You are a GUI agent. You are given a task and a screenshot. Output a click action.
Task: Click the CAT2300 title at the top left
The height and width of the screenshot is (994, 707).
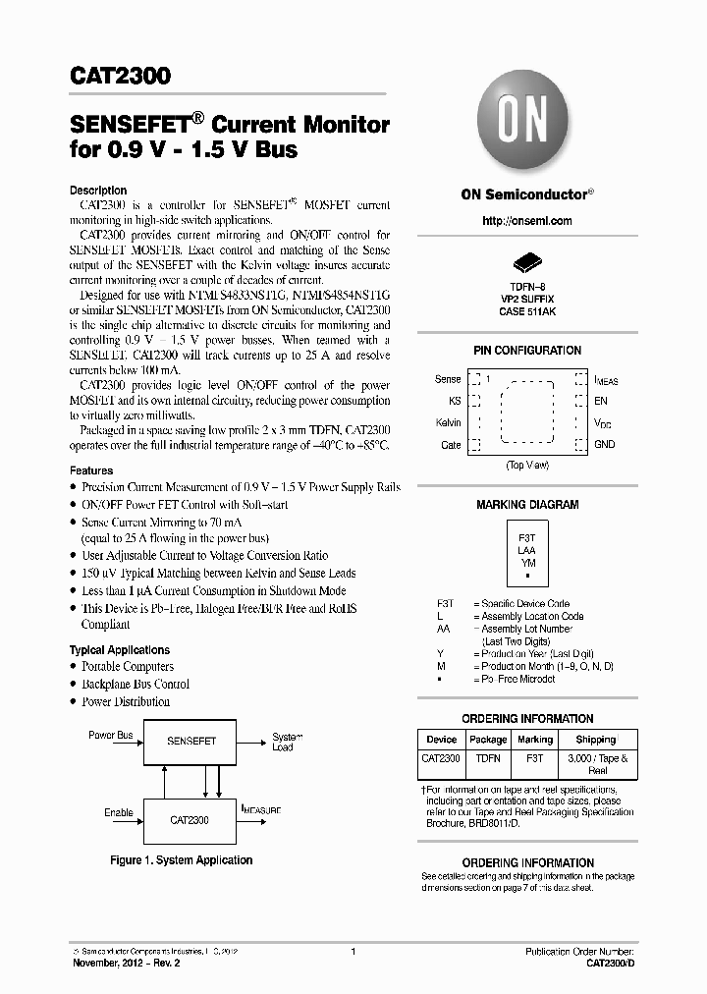pyautogui.click(x=120, y=77)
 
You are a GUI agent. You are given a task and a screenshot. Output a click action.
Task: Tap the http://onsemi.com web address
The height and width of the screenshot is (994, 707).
pyautogui.click(x=527, y=221)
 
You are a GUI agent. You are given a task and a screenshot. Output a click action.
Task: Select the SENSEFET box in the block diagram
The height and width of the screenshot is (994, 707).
pyautogui.click(x=191, y=740)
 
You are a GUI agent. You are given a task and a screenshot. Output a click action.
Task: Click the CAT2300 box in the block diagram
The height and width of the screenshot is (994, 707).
pyautogui.click(x=189, y=818)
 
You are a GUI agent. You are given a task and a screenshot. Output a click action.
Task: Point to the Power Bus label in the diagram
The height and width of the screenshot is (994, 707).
pyautogui.click(x=110, y=736)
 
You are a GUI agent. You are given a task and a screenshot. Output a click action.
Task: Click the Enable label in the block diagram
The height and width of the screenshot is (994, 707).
pyautogui.click(x=119, y=813)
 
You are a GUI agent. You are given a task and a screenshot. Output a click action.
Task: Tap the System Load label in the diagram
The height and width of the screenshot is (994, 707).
pyautogui.click(x=284, y=742)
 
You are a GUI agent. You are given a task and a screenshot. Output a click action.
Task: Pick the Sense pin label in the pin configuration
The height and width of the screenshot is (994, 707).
pyautogui.click(x=448, y=379)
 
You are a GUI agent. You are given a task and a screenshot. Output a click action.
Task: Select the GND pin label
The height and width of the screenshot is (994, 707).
pyautogui.click(x=604, y=444)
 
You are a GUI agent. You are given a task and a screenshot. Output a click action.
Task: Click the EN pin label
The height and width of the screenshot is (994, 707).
pyautogui.click(x=600, y=401)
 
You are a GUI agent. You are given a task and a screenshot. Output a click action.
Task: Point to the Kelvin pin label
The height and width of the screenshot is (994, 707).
pyautogui.click(x=448, y=422)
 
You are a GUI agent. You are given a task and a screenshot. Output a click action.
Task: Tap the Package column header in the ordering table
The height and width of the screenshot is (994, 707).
pyautogui.click(x=488, y=740)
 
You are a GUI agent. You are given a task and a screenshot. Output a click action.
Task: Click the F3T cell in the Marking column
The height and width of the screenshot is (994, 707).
pyautogui.click(x=535, y=759)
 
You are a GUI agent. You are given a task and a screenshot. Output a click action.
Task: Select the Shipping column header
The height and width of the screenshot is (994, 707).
pyautogui.click(x=596, y=740)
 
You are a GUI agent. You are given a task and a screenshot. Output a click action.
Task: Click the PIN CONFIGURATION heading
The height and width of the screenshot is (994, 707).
pyautogui.click(x=527, y=351)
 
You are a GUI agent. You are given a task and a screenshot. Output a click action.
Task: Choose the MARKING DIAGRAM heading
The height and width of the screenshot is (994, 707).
pyautogui.click(x=527, y=505)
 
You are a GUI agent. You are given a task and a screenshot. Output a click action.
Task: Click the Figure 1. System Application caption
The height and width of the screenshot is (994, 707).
pyautogui.click(x=181, y=860)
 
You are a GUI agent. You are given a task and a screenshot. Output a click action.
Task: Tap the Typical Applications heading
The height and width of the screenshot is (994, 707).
pyautogui.click(x=120, y=650)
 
